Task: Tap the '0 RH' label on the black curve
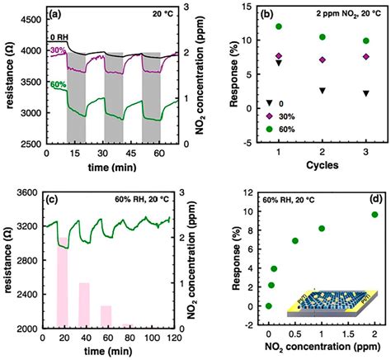click(57, 37)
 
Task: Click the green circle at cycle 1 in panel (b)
click(280, 27)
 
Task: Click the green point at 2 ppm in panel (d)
click(375, 238)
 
